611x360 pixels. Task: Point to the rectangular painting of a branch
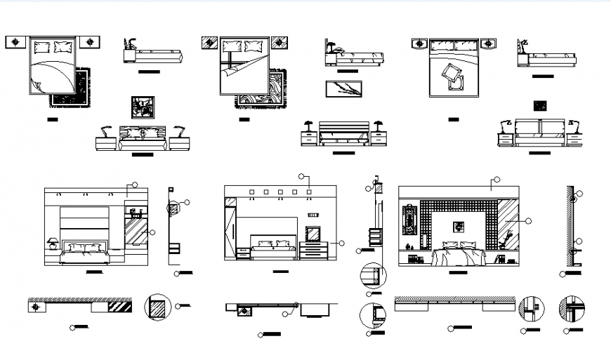[x=343, y=89]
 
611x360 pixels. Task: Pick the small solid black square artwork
[x=539, y=106]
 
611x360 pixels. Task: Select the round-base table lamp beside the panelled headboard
[x=53, y=244]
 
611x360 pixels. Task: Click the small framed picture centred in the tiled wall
[x=459, y=226]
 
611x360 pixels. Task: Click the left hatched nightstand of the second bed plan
[x=209, y=44]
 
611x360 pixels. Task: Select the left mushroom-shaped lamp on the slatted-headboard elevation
[x=307, y=126]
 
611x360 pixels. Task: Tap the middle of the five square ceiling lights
[x=280, y=190]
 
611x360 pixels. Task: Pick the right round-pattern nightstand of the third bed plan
[x=487, y=44]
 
